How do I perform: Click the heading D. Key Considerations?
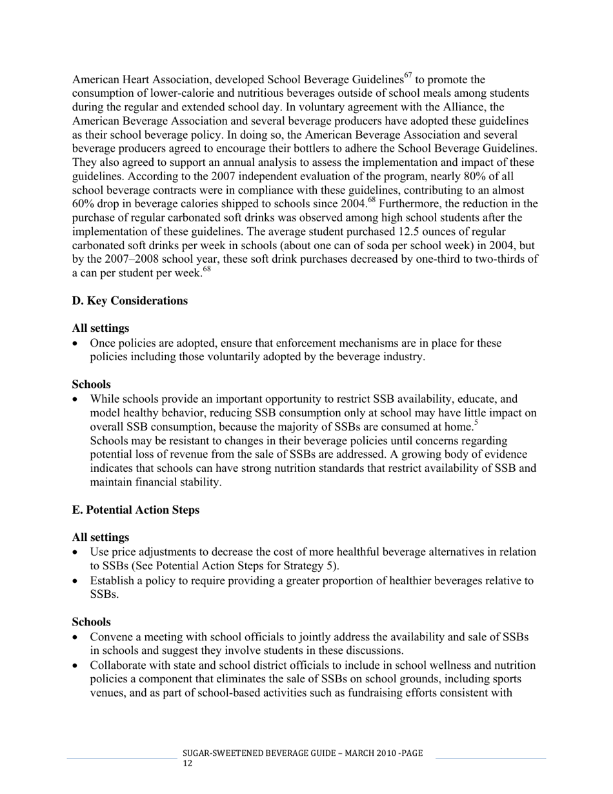click(x=130, y=301)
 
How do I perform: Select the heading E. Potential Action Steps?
click(x=136, y=510)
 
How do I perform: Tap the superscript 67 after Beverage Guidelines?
click(x=408, y=76)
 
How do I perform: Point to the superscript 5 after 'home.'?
click(x=476, y=423)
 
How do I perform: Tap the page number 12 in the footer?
click(x=187, y=764)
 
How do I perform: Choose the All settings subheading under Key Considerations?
click(x=100, y=329)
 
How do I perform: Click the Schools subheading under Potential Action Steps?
click(x=91, y=622)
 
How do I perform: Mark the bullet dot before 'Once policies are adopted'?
click(x=77, y=344)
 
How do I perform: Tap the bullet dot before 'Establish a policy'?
click(x=77, y=581)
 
